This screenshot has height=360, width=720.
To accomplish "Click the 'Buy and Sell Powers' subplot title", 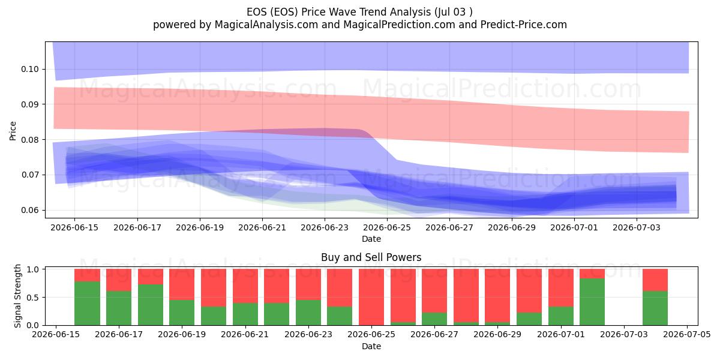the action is pyautogui.click(x=371, y=257).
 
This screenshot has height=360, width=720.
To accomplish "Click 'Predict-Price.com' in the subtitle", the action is pyautogui.click(x=524, y=25).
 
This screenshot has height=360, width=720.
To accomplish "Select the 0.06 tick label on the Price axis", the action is pyautogui.click(x=30, y=210).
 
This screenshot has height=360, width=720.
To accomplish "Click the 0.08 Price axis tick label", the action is pyautogui.click(x=30, y=140).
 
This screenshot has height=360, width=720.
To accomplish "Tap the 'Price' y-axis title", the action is pyautogui.click(x=13, y=131).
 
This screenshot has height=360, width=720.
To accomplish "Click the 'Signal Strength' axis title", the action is pyautogui.click(x=17, y=296).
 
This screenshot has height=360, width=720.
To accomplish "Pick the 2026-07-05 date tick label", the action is pyautogui.click(x=687, y=335).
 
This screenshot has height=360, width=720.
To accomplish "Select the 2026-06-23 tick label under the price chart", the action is pyautogui.click(x=325, y=227).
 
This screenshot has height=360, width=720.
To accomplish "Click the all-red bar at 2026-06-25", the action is pyautogui.click(x=371, y=297).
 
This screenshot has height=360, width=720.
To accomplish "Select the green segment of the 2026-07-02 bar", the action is pyautogui.click(x=592, y=302).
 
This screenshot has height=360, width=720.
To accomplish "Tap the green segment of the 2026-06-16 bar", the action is pyautogui.click(x=87, y=304).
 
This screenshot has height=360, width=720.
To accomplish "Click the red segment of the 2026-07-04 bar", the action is pyautogui.click(x=655, y=280).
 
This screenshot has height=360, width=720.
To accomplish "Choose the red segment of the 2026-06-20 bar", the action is pyautogui.click(x=214, y=287).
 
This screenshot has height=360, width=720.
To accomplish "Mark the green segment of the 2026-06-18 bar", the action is pyautogui.click(x=151, y=305).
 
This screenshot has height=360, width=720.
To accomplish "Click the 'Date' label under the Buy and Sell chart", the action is pyautogui.click(x=371, y=346).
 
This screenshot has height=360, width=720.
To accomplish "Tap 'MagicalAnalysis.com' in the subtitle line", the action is pyautogui.click(x=266, y=25).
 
